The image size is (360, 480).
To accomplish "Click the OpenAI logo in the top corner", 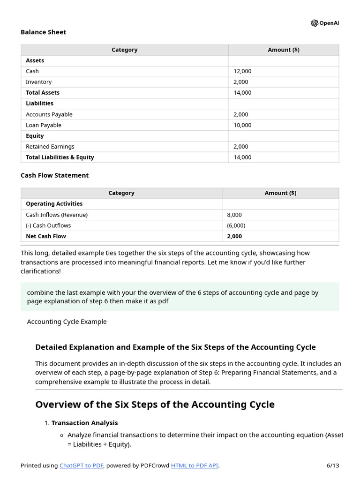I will (x=324, y=23).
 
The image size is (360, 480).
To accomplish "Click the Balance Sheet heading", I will (x=43, y=32).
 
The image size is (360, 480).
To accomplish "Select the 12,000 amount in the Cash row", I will (x=242, y=71).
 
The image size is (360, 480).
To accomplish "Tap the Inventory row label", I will (x=38, y=82).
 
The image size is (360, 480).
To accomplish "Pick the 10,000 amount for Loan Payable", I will (x=242, y=125).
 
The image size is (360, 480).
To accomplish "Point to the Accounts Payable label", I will (x=49, y=114).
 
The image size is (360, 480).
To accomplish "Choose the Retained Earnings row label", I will (x=50, y=147).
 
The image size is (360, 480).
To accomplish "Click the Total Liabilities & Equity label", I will (x=60, y=157).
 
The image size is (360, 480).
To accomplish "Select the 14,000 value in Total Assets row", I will (x=242, y=93).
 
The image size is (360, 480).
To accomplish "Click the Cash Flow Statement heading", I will (x=54, y=175).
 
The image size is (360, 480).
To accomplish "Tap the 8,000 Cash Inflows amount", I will (x=234, y=215).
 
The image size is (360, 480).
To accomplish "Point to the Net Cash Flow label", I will (x=45, y=236).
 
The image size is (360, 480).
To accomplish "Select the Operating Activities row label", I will (x=54, y=204).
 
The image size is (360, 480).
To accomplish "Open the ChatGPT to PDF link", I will (x=82, y=465).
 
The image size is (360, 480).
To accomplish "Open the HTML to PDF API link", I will (x=195, y=465).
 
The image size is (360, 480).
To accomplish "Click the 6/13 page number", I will (x=332, y=465).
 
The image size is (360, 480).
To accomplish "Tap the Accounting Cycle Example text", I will (x=67, y=322).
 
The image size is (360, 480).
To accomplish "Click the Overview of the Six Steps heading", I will (x=155, y=405).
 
